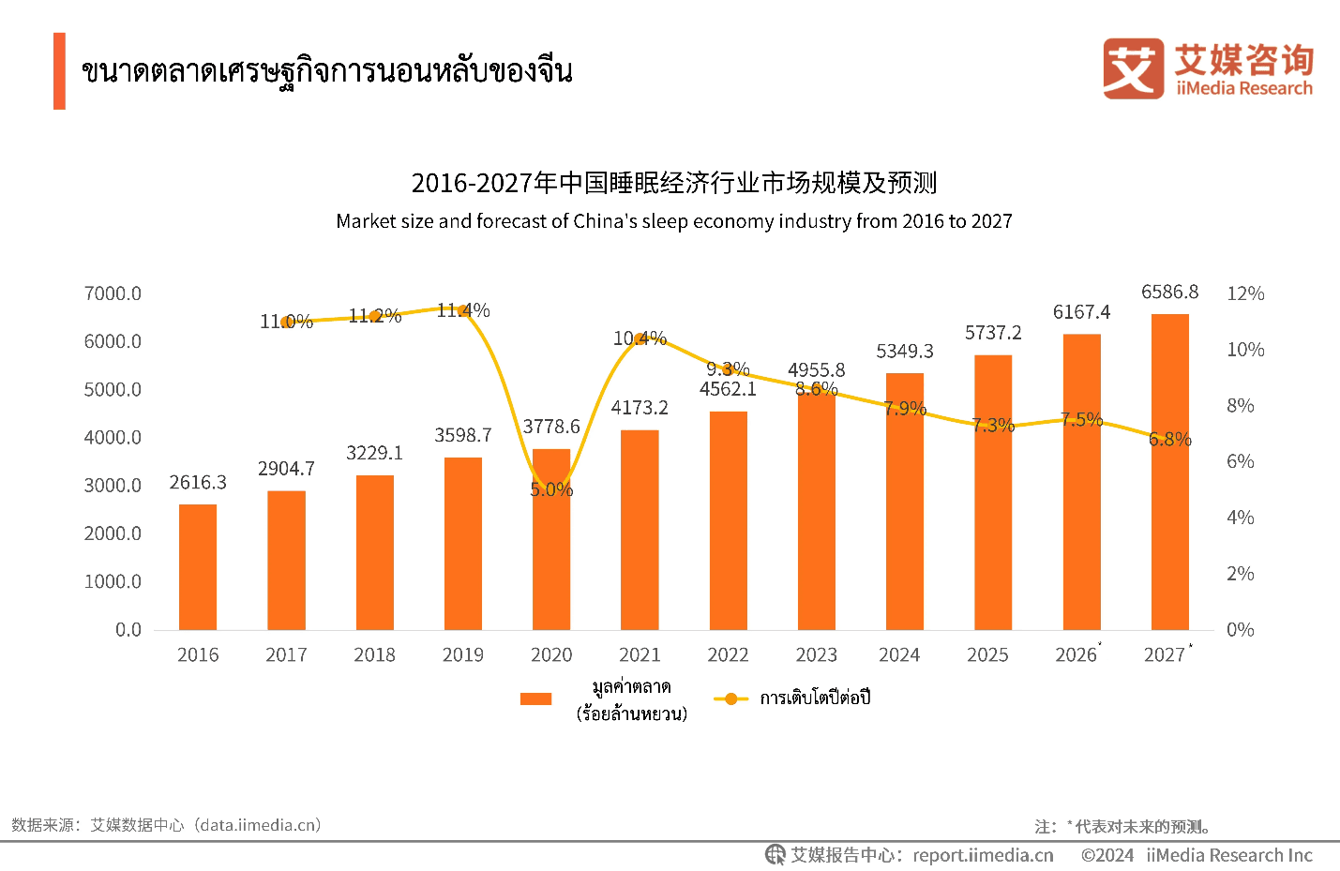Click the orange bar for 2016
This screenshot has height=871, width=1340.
198,567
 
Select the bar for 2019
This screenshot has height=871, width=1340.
463,544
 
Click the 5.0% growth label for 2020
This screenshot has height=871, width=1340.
551,489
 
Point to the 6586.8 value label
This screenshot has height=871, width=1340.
1169,293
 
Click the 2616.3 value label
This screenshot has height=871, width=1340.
198,483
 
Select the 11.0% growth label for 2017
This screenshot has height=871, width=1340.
286,322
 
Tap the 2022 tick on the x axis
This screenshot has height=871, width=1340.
728,655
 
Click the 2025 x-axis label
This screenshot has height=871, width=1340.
987,655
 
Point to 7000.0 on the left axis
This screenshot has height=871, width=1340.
113,294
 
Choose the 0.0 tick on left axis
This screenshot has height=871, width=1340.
128,630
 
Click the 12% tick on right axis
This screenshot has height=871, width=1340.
1245,294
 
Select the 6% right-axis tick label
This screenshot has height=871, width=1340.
1240,461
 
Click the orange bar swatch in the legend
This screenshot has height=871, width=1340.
535,698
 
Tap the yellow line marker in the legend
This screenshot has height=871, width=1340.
730,698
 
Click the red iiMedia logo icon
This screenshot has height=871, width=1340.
1133,68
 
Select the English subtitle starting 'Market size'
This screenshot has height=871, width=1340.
674,221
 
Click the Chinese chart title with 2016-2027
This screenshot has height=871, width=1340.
674,183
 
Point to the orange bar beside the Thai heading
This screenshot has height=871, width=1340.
59,71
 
